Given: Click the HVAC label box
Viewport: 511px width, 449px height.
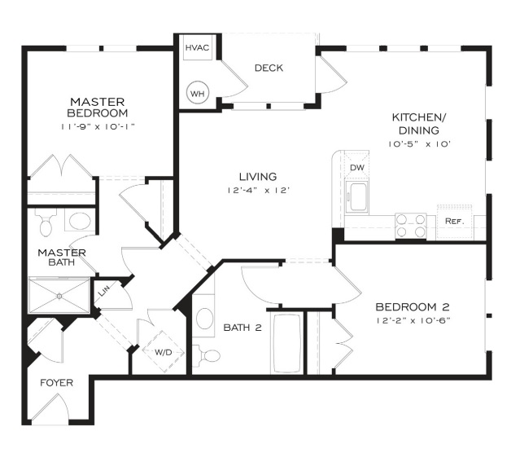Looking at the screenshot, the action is pyautogui.click(x=198, y=47).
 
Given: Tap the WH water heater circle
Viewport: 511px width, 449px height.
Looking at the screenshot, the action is pyautogui.click(x=198, y=94).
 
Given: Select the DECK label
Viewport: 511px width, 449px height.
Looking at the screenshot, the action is pyautogui.click(x=269, y=68).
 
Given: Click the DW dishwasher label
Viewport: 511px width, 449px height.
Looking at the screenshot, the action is pyautogui.click(x=357, y=168).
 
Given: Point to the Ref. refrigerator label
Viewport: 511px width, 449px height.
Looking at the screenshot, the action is pyautogui.click(x=455, y=221).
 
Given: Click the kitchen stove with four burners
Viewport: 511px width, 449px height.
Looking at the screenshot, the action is pyautogui.click(x=411, y=226).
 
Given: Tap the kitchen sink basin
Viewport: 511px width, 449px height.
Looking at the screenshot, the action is pyautogui.click(x=357, y=196).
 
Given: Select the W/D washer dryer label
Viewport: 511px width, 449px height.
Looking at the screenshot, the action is pyautogui.click(x=164, y=352).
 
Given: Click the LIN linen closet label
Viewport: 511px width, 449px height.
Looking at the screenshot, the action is pyautogui.click(x=104, y=291).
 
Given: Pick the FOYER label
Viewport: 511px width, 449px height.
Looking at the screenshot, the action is pyautogui.click(x=56, y=382).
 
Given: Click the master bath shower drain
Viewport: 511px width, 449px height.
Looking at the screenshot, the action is pyautogui.click(x=59, y=297).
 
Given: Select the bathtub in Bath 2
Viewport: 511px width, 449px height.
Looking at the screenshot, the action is pyautogui.click(x=286, y=343).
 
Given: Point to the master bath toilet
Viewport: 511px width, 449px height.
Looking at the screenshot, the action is pyautogui.click(x=46, y=222).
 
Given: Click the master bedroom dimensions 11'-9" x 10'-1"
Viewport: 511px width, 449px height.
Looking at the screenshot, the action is pyautogui.click(x=98, y=126).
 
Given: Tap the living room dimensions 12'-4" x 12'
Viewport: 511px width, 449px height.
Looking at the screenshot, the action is pyautogui.click(x=258, y=190).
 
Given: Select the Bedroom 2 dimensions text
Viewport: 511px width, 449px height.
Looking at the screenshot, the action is pyautogui.click(x=413, y=320).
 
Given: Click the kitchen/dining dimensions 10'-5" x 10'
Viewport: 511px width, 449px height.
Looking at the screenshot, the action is pyautogui.click(x=419, y=144).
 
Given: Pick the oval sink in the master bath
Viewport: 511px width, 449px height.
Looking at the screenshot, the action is pyautogui.click(x=81, y=221).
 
